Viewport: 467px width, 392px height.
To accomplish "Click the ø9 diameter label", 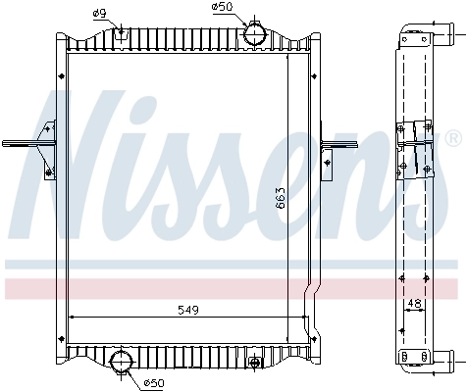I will pos(100,12).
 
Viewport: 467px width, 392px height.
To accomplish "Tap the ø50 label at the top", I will pos(222,7).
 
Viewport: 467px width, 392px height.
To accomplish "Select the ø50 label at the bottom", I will pos(154,382).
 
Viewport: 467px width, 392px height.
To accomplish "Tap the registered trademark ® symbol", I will pos(452,134).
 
